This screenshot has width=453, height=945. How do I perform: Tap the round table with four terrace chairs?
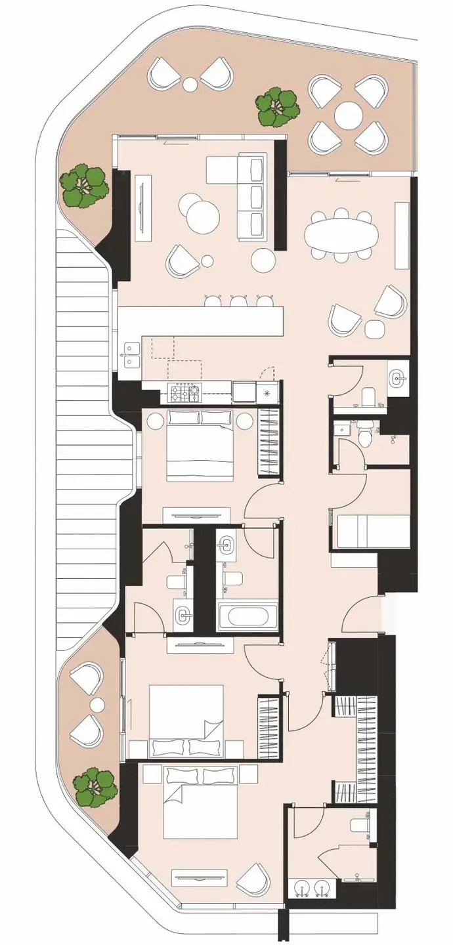pos(348,117)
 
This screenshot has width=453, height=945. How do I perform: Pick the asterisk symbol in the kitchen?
pos(267,394)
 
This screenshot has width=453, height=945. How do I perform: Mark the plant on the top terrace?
pos(276,108)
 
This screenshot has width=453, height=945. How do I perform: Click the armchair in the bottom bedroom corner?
pos(253,880)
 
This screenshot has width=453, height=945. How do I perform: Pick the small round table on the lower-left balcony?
pos(97,705)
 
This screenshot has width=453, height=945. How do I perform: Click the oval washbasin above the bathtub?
pos(227,545)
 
